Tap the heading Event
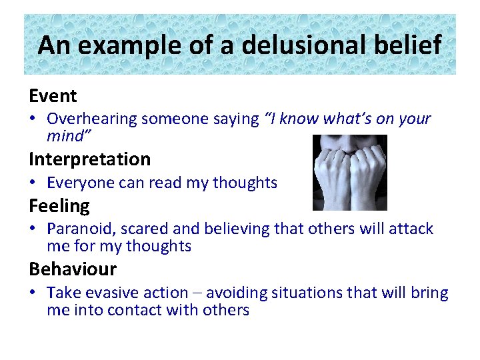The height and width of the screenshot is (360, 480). pyautogui.click(x=53, y=96)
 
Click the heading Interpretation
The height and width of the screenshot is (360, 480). pyautogui.click(x=89, y=159)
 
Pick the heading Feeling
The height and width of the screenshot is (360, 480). pyautogui.click(x=59, y=206)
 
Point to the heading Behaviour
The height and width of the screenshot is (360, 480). pyautogui.click(x=72, y=269)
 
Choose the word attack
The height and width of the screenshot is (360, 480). pyautogui.click(x=411, y=229)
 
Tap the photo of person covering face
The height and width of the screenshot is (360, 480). pyautogui.click(x=350, y=173)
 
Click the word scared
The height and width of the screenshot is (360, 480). pyautogui.click(x=141, y=229)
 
